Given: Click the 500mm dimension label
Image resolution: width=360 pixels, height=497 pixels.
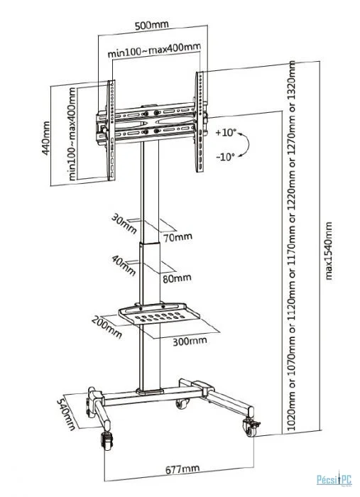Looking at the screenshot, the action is pos(152,25).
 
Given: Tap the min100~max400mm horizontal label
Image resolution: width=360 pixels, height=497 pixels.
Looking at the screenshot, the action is pos(154,50).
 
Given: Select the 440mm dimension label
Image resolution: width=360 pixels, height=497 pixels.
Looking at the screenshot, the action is pos(46,138).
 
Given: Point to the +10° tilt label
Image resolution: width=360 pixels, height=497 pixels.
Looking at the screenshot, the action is pos(226,133).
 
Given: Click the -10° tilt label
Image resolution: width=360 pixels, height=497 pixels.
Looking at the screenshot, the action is pos(226,156).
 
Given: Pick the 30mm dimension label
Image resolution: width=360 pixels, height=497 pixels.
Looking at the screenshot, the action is pos(124,224).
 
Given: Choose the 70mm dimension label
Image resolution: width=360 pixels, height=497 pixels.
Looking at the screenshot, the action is pos(178,236).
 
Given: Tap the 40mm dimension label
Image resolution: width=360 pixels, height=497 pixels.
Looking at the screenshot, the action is pos(124,266).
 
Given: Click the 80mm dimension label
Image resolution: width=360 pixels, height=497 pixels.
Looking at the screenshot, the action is pos(177,278).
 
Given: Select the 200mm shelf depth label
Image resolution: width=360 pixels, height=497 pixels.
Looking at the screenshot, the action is pos(107,327).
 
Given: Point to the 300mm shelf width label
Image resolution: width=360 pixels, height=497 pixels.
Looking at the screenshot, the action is pos(190,341).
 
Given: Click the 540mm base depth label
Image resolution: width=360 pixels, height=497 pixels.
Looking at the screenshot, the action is pos(66,415).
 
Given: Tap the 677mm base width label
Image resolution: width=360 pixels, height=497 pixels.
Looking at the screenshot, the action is pos(182,469).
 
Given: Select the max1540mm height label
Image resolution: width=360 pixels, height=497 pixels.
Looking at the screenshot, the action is pos(329,251).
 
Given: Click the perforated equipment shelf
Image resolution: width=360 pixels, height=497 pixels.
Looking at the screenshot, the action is pos(159,313).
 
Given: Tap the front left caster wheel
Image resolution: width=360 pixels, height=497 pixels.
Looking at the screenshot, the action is pos(107,441).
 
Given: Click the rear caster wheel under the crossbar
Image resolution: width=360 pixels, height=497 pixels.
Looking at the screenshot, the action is pos(182,403).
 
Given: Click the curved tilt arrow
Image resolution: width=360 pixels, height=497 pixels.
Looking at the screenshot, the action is pos(248,144).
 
